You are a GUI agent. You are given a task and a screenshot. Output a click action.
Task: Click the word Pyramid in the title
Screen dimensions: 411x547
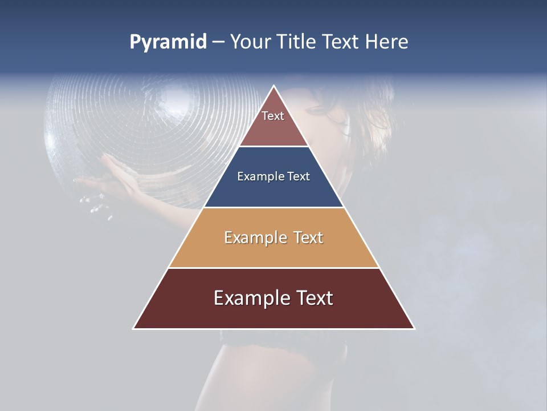pyautogui.click(x=168, y=42)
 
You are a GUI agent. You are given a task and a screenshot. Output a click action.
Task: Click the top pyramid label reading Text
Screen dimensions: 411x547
pyautogui.click(x=273, y=116)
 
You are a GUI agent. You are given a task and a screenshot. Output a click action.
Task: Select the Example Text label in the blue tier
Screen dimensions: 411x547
pyautogui.click(x=273, y=176)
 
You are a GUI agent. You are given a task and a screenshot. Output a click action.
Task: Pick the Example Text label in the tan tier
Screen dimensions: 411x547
pyautogui.click(x=273, y=237)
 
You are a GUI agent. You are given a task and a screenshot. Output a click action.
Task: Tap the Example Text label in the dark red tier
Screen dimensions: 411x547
pyautogui.click(x=273, y=298)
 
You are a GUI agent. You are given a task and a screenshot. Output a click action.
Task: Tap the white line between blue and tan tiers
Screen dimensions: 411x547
pyautogui.click(x=273, y=207)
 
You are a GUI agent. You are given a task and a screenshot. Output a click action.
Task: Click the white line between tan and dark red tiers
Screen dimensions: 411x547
pyautogui.click(x=273, y=268)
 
